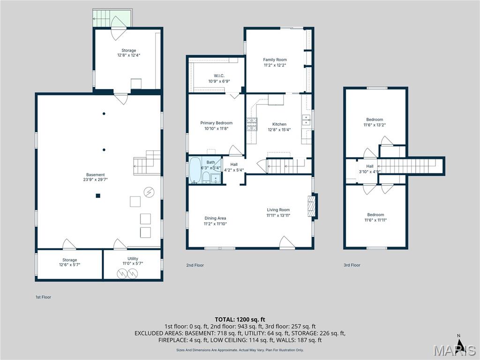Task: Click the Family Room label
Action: click(x=275, y=60)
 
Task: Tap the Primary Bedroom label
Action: click(x=217, y=123)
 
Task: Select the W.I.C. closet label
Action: click(x=219, y=75)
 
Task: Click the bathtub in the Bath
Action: click(x=195, y=170)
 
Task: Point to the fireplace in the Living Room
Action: click(x=312, y=206)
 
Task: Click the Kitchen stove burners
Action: click(x=252, y=124)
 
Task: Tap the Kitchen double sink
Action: click(x=306, y=120)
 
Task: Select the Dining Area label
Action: click(x=215, y=218)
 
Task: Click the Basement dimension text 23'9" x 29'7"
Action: click(x=96, y=180)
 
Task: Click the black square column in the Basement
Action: click(x=98, y=195)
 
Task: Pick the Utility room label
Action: click(x=133, y=259)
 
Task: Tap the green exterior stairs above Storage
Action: click(x=103, y=18)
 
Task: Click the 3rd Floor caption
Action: click(x=352, y=265)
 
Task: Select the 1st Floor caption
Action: click(x=43, y=297)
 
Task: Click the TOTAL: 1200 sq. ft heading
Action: click(x=240, y=320)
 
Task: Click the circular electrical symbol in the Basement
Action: click(x=149, y=192)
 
